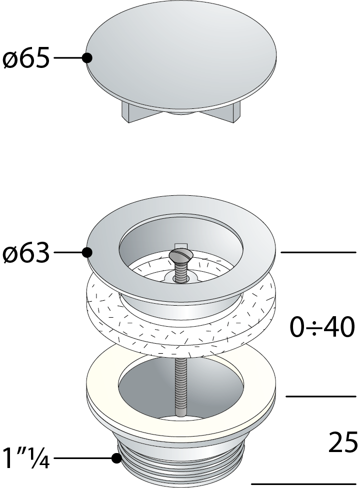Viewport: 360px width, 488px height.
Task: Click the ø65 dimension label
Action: [26, 59]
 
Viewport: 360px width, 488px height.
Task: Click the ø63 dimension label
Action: [26, 254]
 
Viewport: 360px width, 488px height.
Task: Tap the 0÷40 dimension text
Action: [322, 328]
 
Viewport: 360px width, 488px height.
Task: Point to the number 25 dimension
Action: [343, 442]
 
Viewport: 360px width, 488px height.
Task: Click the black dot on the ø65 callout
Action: [87, 58]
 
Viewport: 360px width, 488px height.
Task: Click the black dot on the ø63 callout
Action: [87, 253]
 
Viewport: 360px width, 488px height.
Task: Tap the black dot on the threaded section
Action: [116, 458]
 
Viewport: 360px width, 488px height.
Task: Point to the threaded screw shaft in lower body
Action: [179, 385]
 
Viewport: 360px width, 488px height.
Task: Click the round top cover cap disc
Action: [180, 55]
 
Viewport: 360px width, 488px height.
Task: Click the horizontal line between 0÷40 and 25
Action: [320, 396]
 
